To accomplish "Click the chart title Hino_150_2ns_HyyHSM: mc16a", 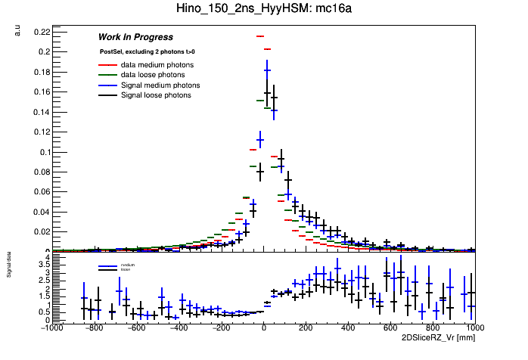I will (264, 9).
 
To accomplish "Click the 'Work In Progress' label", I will (135, 37).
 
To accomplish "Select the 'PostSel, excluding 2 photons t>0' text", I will (147, 52).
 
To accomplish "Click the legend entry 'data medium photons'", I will (157, 65).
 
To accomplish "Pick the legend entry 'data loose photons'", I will (153, 75).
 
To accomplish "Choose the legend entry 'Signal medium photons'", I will (160, 85).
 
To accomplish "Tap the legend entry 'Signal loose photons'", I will (156, 95).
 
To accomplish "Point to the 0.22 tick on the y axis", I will (41, 32).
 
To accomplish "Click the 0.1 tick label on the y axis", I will (43, 151).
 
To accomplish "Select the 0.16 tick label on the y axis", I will (41, 92).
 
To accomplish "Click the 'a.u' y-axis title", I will (17, 29).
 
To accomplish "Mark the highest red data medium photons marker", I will (259, 36).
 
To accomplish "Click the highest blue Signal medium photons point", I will (267, 70).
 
